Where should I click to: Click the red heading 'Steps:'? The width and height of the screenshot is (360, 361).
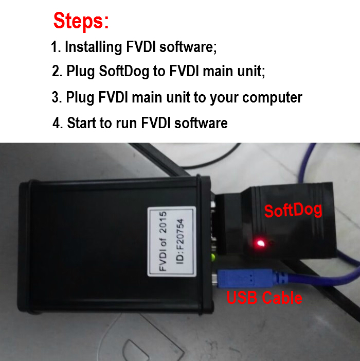(81, 21)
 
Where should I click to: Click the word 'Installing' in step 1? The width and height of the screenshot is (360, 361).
(93, 47)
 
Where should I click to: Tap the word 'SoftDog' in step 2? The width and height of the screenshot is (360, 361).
(124, 71)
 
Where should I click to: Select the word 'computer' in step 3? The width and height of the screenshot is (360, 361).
(272, 98)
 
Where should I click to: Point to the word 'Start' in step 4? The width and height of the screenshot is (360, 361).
(82, 123)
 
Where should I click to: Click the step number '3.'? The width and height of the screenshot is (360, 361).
(57, 97)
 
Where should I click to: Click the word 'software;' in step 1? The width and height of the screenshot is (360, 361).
(188, 47)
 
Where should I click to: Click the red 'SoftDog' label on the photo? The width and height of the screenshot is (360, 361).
(293, 210)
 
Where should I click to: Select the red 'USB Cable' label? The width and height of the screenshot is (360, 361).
(264, 298)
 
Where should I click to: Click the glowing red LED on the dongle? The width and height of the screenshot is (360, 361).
(260, 244)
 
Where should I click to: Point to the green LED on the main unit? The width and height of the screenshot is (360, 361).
(213, 256)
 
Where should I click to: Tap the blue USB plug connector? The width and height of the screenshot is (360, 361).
(246, 279)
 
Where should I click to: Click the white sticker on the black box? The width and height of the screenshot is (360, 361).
(172, 242)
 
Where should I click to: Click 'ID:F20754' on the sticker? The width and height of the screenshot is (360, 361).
(180, 241)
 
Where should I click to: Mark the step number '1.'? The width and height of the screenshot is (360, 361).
(56, 47)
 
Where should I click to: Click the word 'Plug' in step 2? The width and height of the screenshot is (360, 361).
(80, 72)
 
